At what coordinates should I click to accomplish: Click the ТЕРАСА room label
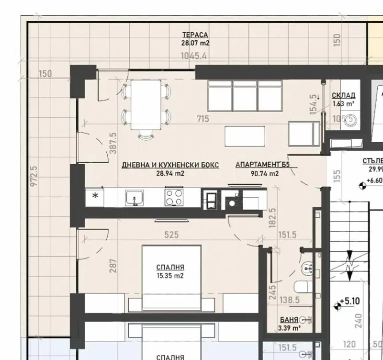tap(195, 35)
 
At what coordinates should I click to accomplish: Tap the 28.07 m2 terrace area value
tap(195, 43)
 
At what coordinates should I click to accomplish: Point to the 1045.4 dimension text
tap(193, 56)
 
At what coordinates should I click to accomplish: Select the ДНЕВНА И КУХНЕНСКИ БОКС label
tap(170, 165)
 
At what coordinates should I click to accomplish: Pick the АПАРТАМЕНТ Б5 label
tap(263, 165)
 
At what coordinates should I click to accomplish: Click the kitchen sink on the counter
tap(135, 198)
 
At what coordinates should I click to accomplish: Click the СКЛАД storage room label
tap(343, 95)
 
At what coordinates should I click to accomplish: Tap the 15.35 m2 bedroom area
tap(170, 276)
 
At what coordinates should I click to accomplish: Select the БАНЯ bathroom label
tap(289, 319)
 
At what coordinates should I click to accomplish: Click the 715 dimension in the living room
tap(203, 119)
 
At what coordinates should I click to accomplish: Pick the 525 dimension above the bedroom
tap(171, 235)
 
